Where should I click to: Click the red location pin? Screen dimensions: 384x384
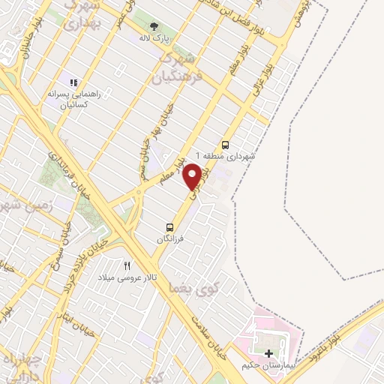(x=192, y=175)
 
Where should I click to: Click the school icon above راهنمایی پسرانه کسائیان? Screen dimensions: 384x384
(x=73, y=82)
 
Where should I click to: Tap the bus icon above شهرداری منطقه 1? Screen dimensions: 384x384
(x=225, y=145)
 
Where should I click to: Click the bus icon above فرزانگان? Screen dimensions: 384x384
(x=169, y=226)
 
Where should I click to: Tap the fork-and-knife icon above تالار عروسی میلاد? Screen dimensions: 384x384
(x=127, y=265)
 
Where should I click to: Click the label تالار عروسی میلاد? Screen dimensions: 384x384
(x=131, y=277)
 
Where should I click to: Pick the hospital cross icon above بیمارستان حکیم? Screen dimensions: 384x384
(x=269, y=352)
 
